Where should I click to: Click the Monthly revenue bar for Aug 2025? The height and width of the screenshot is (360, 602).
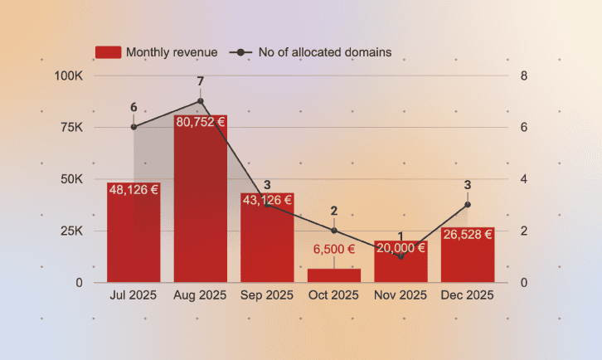pyautogui.click(x=200, y=207)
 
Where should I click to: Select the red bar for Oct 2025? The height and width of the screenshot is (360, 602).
pyautogui.click(x=334, y=275)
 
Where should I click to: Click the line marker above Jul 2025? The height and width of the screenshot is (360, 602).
pyautogui.click(x=134, y=127)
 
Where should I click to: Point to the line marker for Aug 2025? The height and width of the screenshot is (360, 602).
pyautogui.click(x=201, y=101)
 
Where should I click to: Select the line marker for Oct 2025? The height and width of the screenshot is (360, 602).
pyautogui.click(x=334, y=231)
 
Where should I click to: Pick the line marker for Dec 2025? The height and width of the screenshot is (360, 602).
pyautogui.click(x=468, y=205)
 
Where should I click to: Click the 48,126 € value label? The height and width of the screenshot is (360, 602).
pyautogui.click(x=134, y=190)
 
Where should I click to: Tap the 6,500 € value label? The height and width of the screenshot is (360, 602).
pyautogui.click(x=334, y=249)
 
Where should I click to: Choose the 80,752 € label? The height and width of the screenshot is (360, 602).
pyautogui.click(x=200, y=122)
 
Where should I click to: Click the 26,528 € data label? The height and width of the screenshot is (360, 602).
pyautogui.click(x=468, y=235)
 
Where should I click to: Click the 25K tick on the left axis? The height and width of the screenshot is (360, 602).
pyautogui.click(x=71, y=231)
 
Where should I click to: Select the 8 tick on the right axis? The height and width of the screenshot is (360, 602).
pyautogui.click(x=523, y=75)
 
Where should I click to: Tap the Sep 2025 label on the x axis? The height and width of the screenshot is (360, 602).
pyautogui.click(x=267, y=295)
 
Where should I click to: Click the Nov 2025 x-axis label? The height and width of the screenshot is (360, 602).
pyautogui.click(x=401, y=295)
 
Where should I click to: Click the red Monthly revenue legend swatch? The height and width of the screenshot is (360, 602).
pyautogui.click(x=109, y=52)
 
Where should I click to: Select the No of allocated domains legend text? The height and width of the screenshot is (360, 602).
pyautogui.click(x=325, y=52)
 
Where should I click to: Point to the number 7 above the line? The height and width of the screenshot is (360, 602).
pyautogui.click(x=201, y=81)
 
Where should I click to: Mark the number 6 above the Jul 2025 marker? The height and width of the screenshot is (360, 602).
pyautogui.click(x=134, y=107)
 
